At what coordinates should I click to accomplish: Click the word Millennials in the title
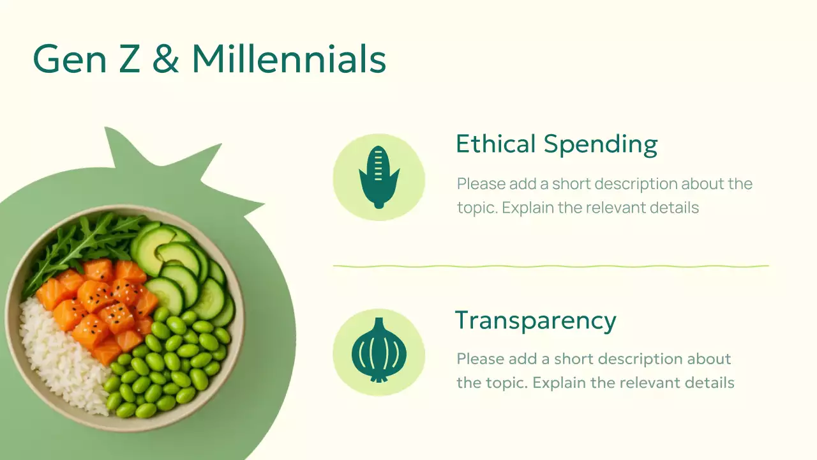pyautogui.click(x=289, y=59)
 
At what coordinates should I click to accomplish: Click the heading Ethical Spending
pyautogui.click(x=556, y=144)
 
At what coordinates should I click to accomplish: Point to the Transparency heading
pyautogui.click(x=536, y=320)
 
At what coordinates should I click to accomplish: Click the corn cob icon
pyautogui.click(x=379, y=178)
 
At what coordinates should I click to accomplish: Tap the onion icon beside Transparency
pyautogui.click(x=379, y=352)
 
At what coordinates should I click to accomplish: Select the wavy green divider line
pyautogui.click(x=551, y=266)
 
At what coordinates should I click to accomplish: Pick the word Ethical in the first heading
pyautogui.click(x=495, y=144)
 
